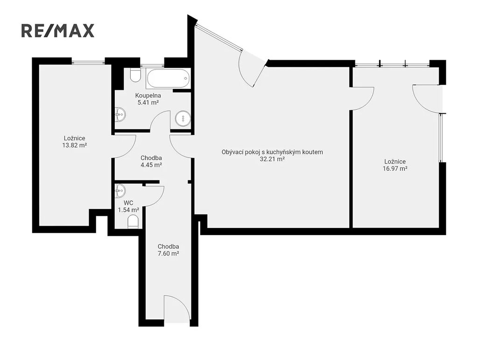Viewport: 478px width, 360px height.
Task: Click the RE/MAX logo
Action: [x=57, y=31]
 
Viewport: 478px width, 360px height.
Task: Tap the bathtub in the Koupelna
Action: [x=168, y=78]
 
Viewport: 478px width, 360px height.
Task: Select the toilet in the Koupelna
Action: [x=135, y=75]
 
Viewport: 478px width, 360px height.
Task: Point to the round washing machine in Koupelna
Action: [x=183, y=118]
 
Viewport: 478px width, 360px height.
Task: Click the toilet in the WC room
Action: [x=133, y=222]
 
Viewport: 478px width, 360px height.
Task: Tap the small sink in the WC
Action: [x=120, y=191]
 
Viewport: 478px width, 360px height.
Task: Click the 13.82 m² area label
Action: [x=74, y=145]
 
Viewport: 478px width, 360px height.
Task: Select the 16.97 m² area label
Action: [x=395, y=169]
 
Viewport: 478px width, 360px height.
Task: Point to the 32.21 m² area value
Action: [x=272, y=159]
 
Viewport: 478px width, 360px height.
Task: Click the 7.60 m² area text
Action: [x=168, y=254]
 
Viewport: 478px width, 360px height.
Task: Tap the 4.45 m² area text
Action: [x=151, y=165]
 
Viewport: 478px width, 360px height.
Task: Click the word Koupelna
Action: [x=148, y=96]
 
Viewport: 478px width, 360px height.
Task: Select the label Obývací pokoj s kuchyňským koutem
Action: [x=272, y=152]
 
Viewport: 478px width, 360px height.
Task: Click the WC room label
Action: [x=128, y=203]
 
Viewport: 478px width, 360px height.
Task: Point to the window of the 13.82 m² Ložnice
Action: [x=88, y=63]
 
